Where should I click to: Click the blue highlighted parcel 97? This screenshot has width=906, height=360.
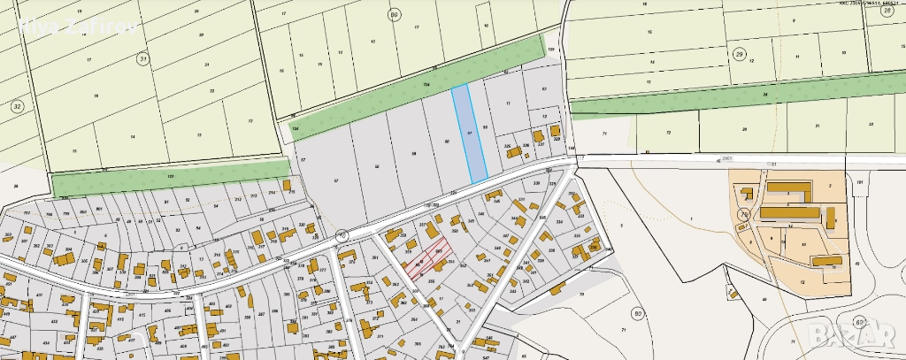click(x=469, y=134)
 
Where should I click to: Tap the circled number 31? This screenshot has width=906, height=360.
click(x=142, y=58)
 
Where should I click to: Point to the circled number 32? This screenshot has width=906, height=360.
click(x=16, y=106)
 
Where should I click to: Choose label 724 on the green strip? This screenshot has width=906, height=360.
click(x=426, y=85)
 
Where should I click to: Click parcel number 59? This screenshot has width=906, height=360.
click(x=413, y=154)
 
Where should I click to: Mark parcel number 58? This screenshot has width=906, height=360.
click(x=376, y=166)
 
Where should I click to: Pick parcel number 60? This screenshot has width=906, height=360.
click(x=447, y=142)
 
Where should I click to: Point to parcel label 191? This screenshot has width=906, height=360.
click(x=859, y=181)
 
